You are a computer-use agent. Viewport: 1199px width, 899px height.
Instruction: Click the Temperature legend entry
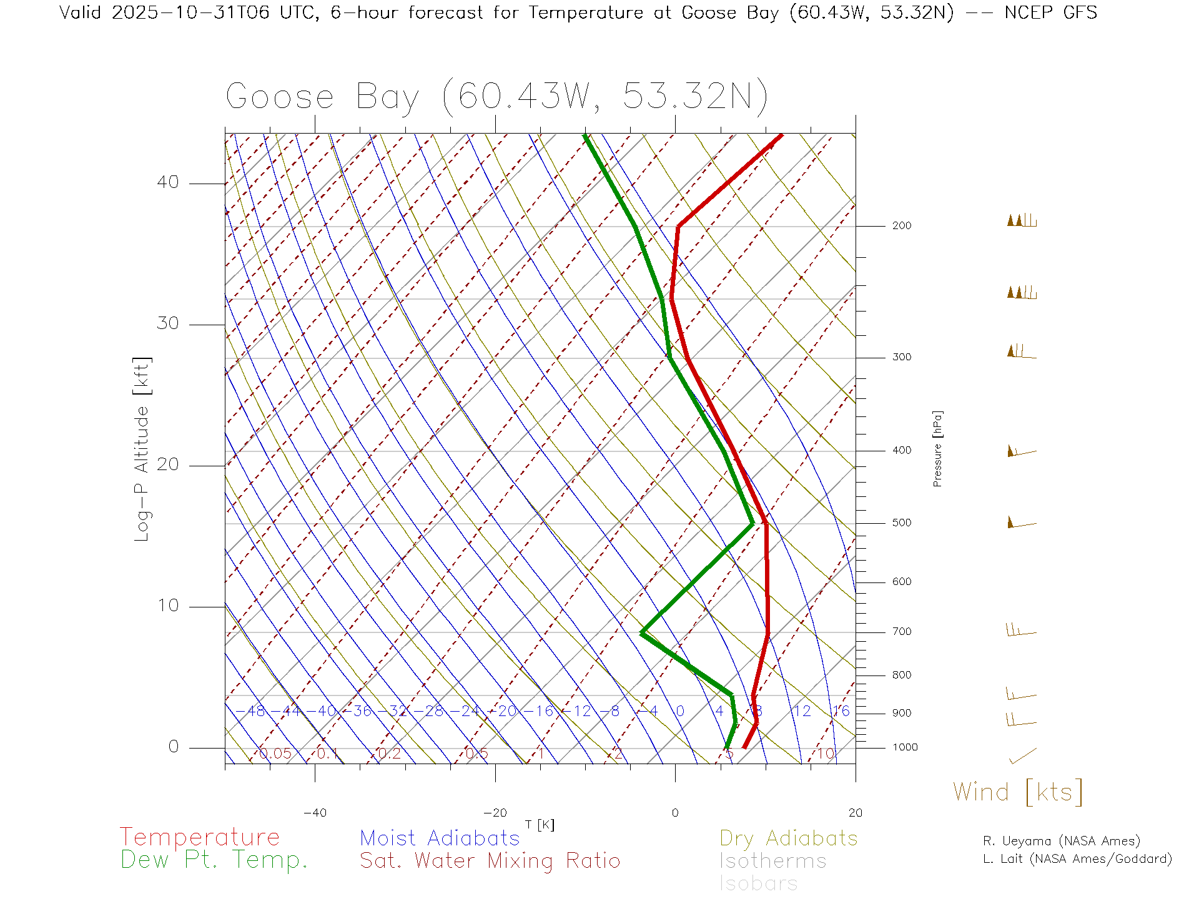199,837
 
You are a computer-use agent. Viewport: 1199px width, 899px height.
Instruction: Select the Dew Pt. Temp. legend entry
214,860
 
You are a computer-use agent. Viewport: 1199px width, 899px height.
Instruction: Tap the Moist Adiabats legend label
440,838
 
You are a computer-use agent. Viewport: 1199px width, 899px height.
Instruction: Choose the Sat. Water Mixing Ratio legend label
490,860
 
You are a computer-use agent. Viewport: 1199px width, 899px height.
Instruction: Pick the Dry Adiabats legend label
788,838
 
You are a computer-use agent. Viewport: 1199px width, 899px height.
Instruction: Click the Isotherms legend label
772,861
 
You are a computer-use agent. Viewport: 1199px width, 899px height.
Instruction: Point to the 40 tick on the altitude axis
168,182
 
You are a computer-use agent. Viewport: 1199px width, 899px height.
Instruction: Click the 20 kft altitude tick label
168,464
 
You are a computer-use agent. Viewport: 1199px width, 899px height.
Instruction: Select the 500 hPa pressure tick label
901,523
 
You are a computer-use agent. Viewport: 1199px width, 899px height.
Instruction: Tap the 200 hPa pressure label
901,225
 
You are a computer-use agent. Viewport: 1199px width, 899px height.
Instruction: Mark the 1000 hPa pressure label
904,747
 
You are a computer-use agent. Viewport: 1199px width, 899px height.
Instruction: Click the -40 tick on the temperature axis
315,813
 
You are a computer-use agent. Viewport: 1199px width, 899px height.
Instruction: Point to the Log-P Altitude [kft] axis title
142,449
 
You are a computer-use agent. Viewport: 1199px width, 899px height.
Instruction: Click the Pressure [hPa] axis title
937,448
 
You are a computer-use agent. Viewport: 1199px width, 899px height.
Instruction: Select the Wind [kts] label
1017,792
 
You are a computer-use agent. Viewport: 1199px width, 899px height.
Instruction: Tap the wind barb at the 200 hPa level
1022,220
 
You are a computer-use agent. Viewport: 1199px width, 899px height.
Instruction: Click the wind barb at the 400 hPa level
1022,451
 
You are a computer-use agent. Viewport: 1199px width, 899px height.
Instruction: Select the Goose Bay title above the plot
496,97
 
